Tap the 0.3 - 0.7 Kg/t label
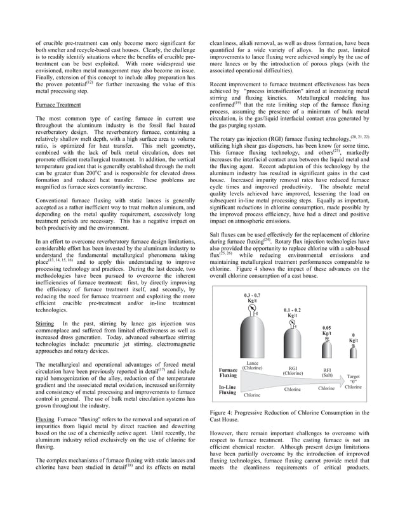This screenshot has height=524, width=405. pos(252,298)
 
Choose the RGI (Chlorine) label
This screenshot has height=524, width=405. pos(293,370)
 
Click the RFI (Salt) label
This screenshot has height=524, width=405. pos(327,372)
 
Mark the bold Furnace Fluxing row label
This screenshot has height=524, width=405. pos(228,372)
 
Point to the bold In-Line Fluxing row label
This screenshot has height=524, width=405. pos(227,390)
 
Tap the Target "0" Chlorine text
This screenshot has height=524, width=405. pos(353,381)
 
